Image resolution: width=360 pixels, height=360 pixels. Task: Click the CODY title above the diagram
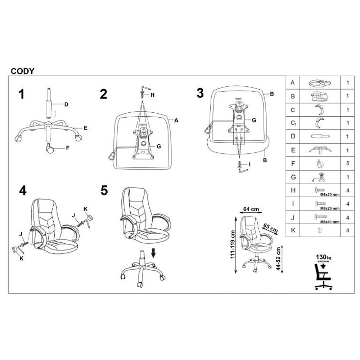pyautogui.click(x=22, y=71)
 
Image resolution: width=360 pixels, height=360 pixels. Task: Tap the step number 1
pyautogui.click(x=22, y=94)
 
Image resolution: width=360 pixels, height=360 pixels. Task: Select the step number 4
pyautogui.click(x=23, y=190)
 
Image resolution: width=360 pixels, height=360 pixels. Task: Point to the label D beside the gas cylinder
pyautogui.click(x=66, y=105)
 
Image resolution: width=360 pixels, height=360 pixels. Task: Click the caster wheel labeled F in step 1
pyautogui.click(x=50, y=148)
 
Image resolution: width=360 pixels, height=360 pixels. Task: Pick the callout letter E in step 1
pyautogui.click(x=86, y=128)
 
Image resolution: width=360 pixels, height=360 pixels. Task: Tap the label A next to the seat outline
pyautogui.click(x=176, y=121)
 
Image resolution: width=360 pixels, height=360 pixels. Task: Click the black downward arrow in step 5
pyautogui.click(x=154, y=253)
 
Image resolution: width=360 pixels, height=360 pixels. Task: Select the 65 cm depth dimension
pyautogui.click(x=270, y=228)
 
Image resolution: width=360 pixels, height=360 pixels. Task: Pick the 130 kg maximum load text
pyautogui.click(x=323, y=257)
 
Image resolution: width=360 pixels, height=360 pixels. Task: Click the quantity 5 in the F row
pyautogui.click(x=347, y=163)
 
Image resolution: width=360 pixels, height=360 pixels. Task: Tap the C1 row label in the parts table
pyautogui.click(x=293, y=123)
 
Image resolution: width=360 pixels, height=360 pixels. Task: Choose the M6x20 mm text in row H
pyautogui.click(x=329, y=194)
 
